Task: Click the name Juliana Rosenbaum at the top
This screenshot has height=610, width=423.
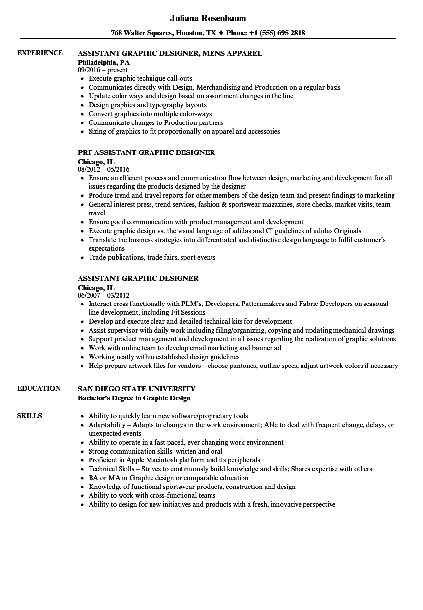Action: (208, 18)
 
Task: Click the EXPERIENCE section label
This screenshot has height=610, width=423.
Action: (40, 53)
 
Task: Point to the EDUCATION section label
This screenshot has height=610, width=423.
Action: (39, 388)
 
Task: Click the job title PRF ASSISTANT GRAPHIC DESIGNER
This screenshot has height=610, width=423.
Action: (146, 152)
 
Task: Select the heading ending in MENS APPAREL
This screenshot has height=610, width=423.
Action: (170, 53)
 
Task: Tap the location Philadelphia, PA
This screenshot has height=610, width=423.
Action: (104, 62)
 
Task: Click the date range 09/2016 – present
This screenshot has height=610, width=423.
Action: (103, 70)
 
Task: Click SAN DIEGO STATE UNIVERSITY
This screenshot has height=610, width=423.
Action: (136, 389)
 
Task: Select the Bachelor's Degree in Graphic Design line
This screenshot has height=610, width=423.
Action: (134, 398)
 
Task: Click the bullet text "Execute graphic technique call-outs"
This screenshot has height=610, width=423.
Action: (140, 78)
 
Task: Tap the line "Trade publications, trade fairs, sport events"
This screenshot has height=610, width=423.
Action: (152, 257)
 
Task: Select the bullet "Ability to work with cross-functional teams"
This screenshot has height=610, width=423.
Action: (152, 495)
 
